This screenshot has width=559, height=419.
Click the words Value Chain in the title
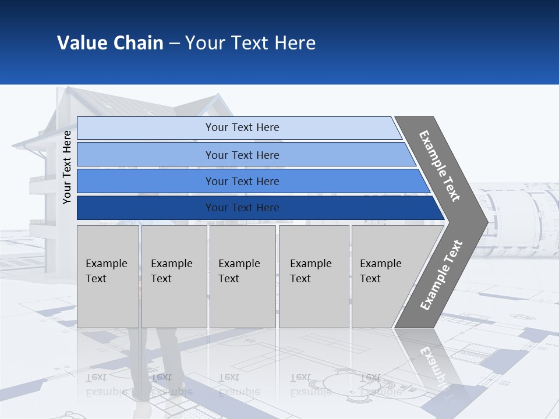(x=110, y=43)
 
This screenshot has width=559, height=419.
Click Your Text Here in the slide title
(x=250, y=43)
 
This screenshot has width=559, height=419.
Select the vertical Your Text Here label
(x=67, y=168)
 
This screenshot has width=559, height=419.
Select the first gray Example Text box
(x=108, y=276)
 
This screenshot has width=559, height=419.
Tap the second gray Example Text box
(x=174, y=276)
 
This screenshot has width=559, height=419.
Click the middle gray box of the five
(x=242, y=276)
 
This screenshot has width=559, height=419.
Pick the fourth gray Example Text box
(x=314, y=276)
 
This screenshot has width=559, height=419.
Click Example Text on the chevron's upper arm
(x=440, y=166)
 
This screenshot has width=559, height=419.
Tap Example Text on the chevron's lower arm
(x=441, y=275)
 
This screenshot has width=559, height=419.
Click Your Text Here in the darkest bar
(x=242, y=208)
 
